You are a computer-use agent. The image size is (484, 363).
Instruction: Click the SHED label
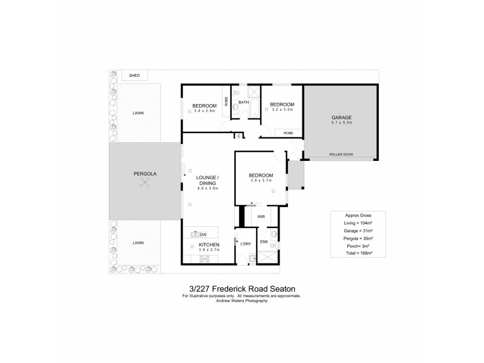point(134,76)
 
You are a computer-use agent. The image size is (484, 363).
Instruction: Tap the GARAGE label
point(341,117)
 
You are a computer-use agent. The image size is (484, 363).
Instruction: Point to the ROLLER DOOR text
point(341,154)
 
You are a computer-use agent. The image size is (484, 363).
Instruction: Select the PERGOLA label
point(145,174)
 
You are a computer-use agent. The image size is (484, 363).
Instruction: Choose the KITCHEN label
point(209,244)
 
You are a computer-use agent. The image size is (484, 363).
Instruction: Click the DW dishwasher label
point(203,235)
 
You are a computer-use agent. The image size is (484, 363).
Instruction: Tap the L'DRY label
point(246,244)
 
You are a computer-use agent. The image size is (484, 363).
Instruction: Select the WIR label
point(261,216)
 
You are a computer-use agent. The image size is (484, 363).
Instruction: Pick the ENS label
point(264,242)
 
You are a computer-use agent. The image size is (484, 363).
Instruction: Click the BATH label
point(244,102)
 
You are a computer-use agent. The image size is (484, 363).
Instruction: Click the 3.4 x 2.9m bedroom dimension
point(204,111)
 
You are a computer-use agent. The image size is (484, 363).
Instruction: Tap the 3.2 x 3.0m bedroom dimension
point(282,110)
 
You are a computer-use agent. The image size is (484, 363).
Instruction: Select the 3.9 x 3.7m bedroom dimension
point(261,181)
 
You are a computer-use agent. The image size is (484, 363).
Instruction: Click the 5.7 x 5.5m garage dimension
point(341,123)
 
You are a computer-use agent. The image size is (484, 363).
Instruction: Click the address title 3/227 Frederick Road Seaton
point(241,289)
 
